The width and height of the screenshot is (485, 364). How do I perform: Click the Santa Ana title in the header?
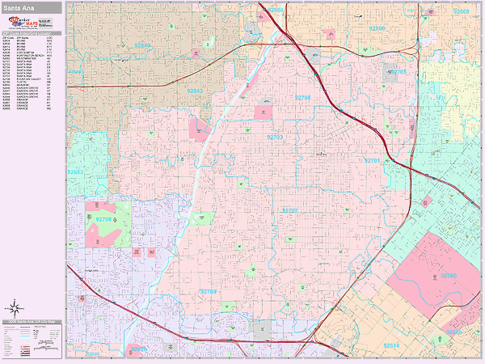[x=17, y=7]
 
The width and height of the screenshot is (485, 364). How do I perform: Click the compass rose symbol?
[x=14, y=307]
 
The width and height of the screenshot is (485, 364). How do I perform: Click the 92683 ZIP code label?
[x=75, y=171]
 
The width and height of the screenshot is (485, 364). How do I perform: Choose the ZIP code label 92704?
[x=209, y=291]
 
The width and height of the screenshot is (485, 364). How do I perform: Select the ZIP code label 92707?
[x=289, y=210]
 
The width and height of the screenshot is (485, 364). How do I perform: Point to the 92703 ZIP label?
[x=275, y=138]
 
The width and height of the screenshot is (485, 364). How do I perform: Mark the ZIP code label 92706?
[x=302, y=97]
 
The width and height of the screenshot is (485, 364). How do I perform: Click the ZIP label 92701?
[x=372, y=161]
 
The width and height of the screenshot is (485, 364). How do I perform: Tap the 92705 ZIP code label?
[x=399, y=72]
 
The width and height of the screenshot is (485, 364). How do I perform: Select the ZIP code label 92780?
[x=449, y=277]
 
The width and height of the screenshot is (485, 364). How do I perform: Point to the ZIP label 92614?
[x=391, y=345]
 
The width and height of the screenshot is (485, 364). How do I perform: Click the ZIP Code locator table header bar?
[x=32, y=32]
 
